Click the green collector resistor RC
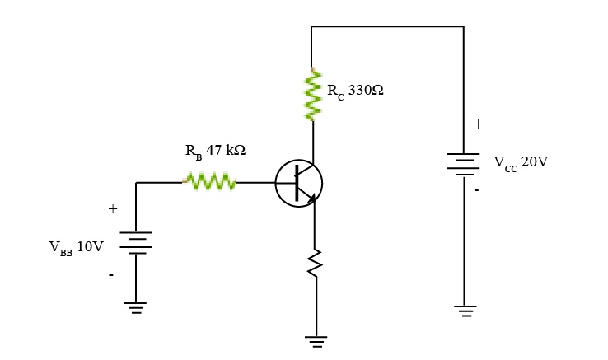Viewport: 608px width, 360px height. (x=312, y=96)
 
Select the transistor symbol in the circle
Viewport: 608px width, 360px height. (x=298, y=183)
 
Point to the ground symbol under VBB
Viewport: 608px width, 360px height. (x=136, y=308)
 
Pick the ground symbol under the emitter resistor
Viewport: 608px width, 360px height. (x=315, y=339)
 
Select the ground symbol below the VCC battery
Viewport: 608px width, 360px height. (x=464, y=311)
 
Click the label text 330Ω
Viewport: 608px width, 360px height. (x=366, y=90)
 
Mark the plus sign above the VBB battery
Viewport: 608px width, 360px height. (x=113, y=209)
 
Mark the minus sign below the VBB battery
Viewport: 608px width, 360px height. (x=111, y=274)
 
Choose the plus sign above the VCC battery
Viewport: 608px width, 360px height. (x=478, y=124)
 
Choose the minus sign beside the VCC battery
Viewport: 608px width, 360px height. (x=475, y=189)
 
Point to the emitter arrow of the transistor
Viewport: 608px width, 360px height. (x=309, y=197)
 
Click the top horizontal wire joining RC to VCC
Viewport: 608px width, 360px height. (x=387, y=26)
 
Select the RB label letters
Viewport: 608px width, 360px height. (x=193, y=152)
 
